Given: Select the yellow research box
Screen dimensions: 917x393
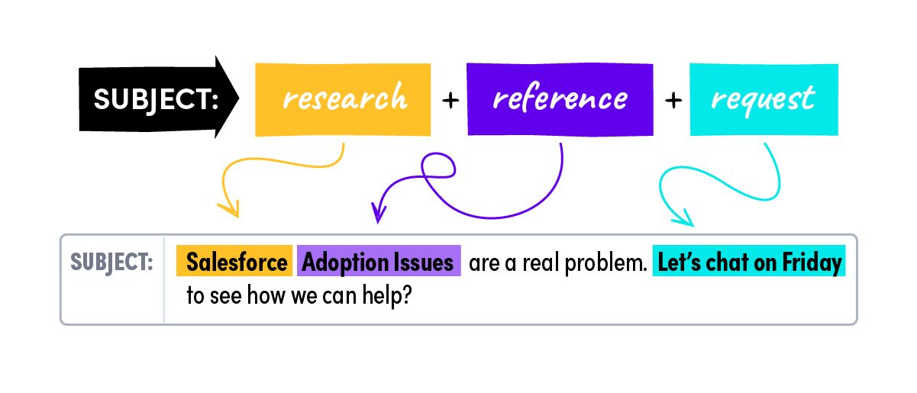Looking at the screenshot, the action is pyautogui.click(x=343, y=99).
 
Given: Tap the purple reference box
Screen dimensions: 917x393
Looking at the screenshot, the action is pyautogui.click(x=560, y=99).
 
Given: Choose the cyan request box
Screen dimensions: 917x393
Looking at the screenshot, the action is pyautogui.click(x=764, y=99).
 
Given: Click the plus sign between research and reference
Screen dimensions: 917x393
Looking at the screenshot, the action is pyautogui.click(x=450, y=100).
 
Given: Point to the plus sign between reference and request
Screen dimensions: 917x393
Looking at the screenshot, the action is pyautogui.click(x=673, y=100).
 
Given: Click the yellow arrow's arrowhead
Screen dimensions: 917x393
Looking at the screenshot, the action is pyautogui.click(x=231, y=209).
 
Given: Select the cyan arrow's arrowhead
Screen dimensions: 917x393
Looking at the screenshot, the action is pyautogui.click(x=684, y=218).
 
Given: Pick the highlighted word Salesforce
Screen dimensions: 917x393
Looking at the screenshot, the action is pyautogui.click(x=237, y=262).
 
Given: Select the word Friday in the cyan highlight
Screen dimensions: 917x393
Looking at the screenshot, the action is pyautogui.click(x=812, y=263).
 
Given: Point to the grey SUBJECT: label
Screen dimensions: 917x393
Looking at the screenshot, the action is pyautogui.click(x=111, y=263).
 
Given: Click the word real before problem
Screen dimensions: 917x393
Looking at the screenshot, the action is pyautogui.click(x=541, y=263).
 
